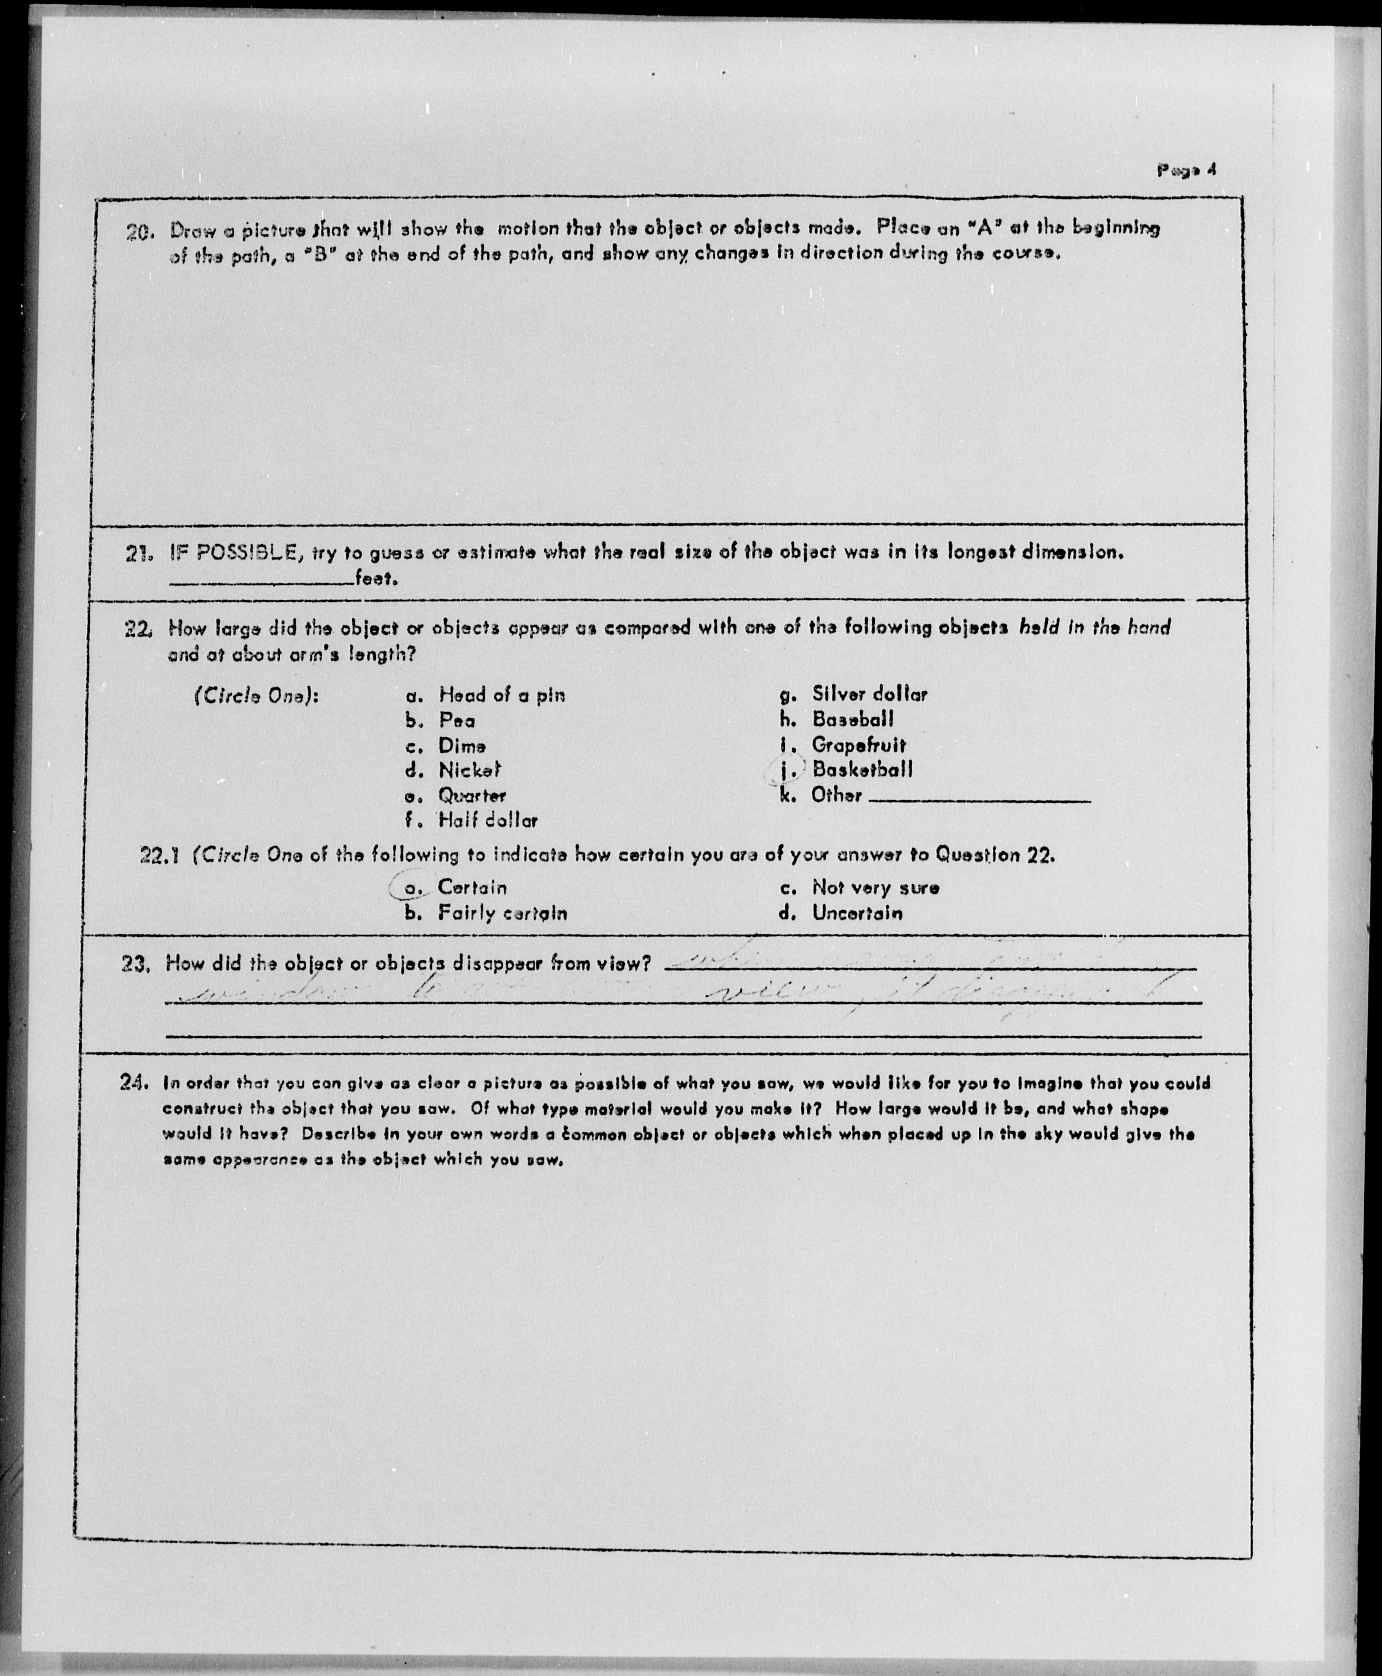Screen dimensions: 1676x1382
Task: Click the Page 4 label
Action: [x=1186, y=169]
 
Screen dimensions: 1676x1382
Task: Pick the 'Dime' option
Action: [x=462, y=746]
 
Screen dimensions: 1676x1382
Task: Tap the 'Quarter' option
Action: [x=472, y=796]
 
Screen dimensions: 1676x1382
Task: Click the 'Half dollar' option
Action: [x=487, y=821]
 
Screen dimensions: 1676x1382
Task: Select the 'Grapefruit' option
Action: [x=858, y=746]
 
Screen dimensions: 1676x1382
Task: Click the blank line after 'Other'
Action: [x=979, y=800]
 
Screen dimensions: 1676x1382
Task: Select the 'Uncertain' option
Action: [x=857, y=914]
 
